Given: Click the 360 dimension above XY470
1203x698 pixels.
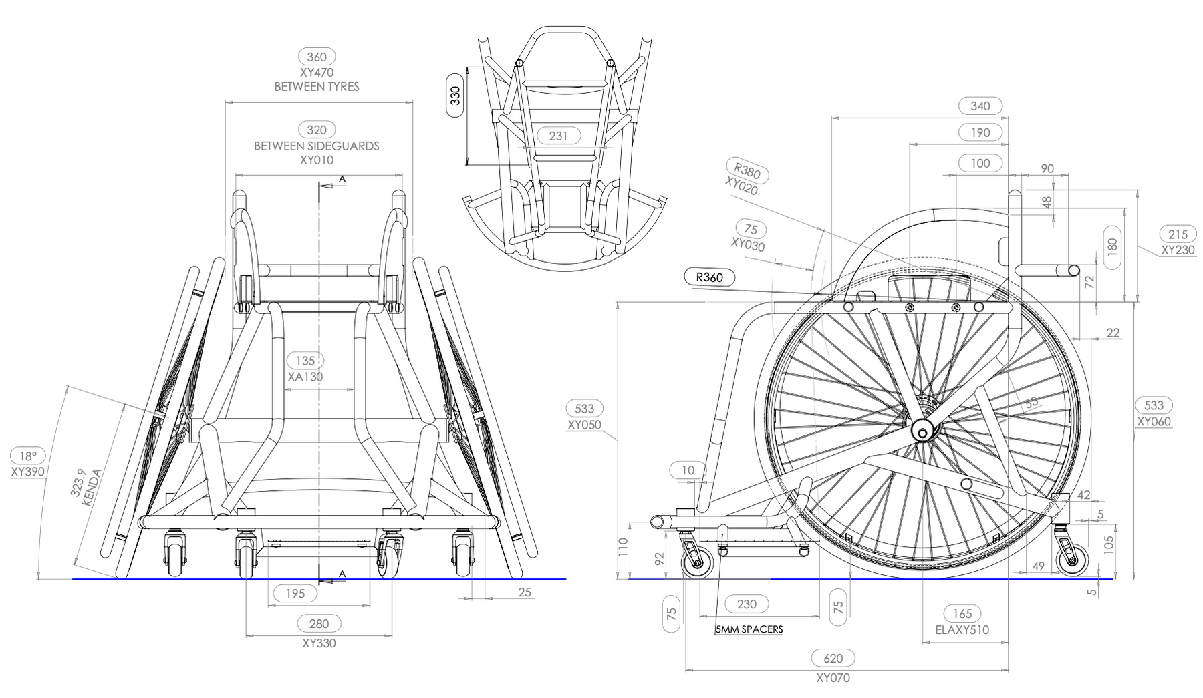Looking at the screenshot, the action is (317, 57).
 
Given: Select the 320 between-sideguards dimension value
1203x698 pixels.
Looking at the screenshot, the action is (317, 130).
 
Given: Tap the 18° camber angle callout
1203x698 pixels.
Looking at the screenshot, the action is (28, 456).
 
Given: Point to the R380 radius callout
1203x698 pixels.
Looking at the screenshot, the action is (747, 171).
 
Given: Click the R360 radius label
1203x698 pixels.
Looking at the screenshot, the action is (710, 277).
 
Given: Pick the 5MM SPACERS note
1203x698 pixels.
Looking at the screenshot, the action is (749, 629).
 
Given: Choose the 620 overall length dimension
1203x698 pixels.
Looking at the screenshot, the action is (833, 659).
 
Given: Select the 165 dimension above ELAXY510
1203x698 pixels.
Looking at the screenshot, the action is (962, 614).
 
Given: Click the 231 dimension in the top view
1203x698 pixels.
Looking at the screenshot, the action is (558, 136).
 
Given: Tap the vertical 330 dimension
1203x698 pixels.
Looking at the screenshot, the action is (456, 97).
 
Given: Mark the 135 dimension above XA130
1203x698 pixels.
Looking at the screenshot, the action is (305, 361).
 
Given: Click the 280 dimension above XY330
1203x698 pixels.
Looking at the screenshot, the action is (319, 624).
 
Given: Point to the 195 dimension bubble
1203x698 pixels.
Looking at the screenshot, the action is (295, 593).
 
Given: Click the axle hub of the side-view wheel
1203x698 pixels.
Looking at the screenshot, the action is (923, 431).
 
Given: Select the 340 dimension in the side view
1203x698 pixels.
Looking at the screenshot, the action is (980, 106).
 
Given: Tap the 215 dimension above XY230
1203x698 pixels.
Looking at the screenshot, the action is (1178, 234).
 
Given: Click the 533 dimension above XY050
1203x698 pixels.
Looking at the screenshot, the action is (584, 408).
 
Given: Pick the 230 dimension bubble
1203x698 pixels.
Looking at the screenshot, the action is (747, 604).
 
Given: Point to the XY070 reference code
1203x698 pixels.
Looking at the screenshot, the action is (833, 677).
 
